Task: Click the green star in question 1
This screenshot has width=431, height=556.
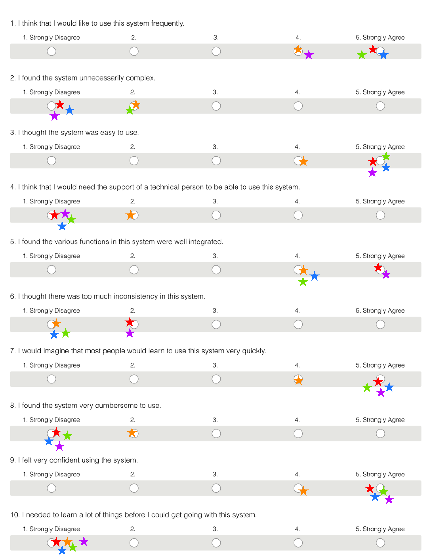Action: tap(362, 55)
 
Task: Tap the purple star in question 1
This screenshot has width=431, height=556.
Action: tap(309, 55)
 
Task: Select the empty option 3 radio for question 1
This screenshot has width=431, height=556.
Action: tap(216, 51)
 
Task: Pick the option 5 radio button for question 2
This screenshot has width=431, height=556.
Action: tap(380, 106)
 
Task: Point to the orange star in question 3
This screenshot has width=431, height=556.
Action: tap(303, 161)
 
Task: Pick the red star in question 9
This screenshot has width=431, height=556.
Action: tap(370, 488)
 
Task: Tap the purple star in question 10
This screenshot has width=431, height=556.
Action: tap(84, 541)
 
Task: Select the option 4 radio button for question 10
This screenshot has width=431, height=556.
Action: tap(298, 543)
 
